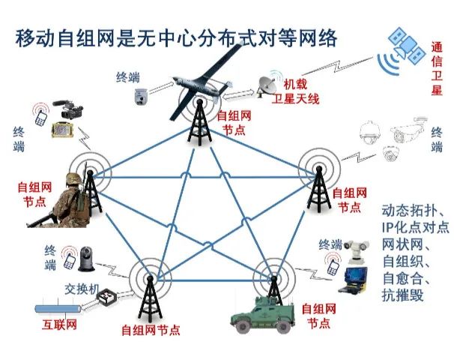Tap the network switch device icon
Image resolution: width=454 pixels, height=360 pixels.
[112, 298]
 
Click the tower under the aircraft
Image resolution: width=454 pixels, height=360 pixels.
[198, 121]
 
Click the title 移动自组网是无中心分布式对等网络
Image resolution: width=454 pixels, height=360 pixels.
[176, 38]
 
